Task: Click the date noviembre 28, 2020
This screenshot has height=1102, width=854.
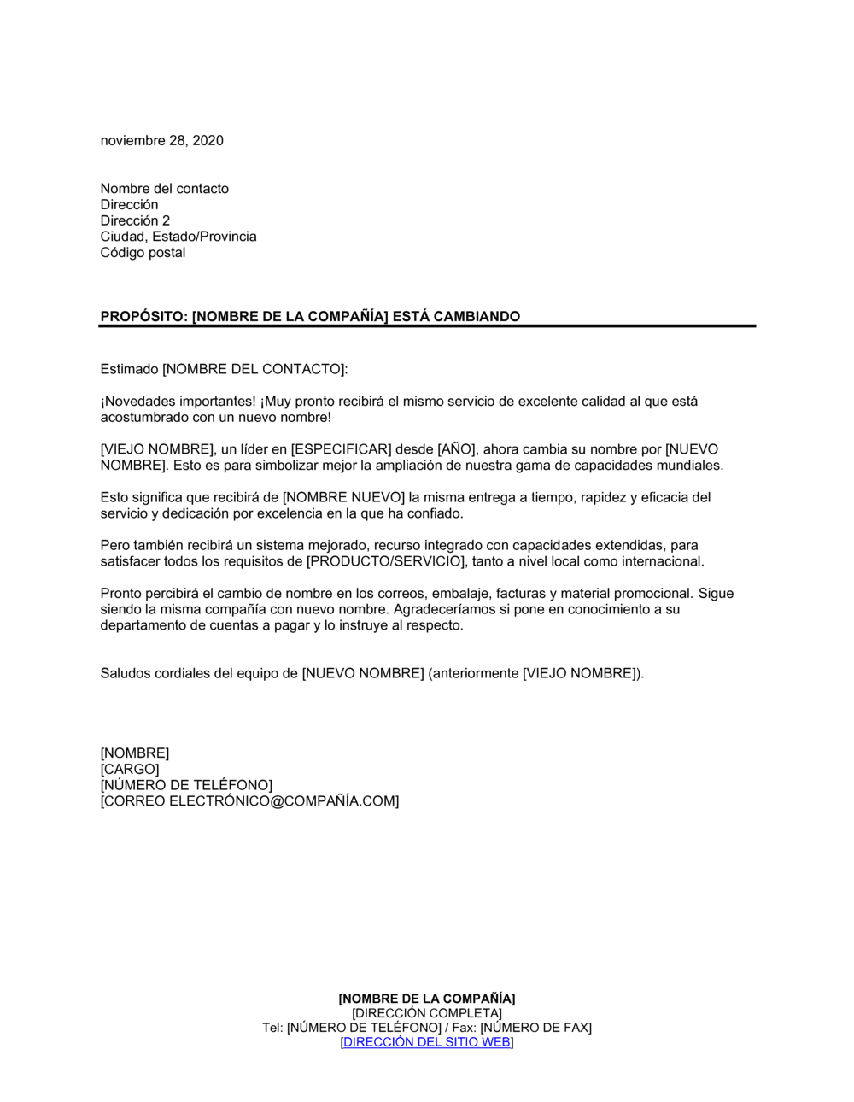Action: coord(161,141)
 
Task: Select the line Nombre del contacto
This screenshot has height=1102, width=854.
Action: coord(164,189)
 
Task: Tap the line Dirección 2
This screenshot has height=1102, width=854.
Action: coord(135,220)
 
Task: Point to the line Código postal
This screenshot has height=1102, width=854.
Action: coord(143,253)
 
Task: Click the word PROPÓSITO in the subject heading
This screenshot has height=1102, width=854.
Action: coord(142,317)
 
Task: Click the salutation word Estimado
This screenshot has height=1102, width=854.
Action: coord(129,369)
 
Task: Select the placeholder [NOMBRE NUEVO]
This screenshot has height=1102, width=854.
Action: coord(343,497)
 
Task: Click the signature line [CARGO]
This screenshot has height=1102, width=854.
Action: coord(129,769)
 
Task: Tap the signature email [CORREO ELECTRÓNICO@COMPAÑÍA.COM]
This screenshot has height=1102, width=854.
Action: coord(249,801)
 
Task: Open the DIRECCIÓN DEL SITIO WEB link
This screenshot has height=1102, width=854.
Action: coord(426,1042)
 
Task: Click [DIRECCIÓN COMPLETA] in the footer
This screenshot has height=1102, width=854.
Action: coord(426,1013)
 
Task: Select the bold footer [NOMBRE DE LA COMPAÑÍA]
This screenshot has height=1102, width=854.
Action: coord(426,999)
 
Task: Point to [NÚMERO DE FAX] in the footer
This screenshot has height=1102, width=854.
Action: coord(535,1028)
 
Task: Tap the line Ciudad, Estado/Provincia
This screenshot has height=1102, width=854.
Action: coord(178,237)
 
